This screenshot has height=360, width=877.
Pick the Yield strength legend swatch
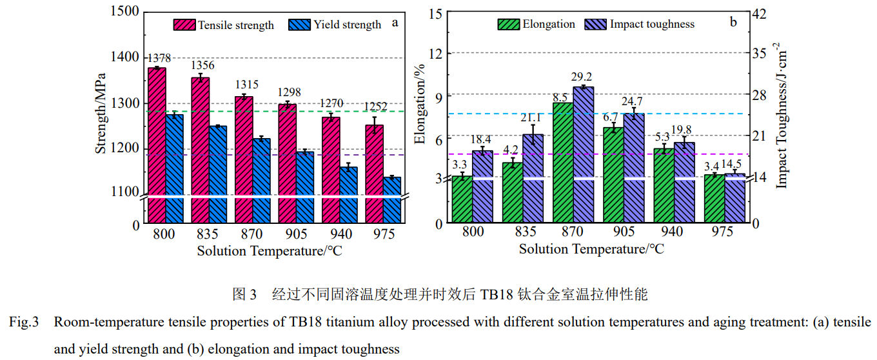pos(301,25)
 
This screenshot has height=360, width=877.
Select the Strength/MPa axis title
pos(101,116)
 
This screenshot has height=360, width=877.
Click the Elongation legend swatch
pos(509,25)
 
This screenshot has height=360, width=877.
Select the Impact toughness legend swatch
pos(596,25)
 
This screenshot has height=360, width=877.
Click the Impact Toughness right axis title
pos(782,116)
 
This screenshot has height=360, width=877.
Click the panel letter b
pos(733,23)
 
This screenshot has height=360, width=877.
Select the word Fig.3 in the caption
pos(26,322)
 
